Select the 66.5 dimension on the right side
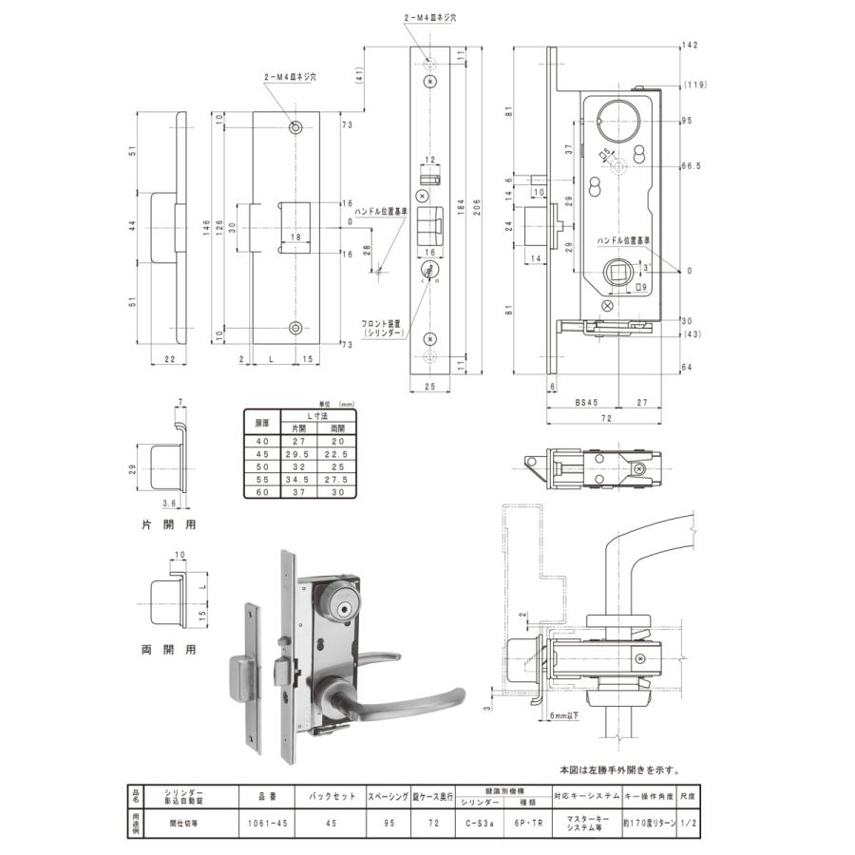[692, 165]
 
